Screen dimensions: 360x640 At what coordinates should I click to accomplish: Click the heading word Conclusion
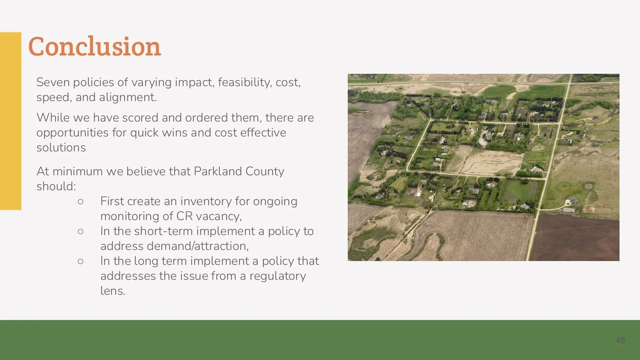94,46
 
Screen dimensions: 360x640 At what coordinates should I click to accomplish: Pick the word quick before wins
144,133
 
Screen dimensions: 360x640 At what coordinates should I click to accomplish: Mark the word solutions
61,148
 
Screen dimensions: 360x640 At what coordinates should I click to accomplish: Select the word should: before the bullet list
56,186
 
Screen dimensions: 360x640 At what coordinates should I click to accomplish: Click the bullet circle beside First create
81,201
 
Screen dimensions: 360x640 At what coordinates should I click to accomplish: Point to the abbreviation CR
184,216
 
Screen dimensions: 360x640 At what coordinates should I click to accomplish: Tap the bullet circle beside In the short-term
81,231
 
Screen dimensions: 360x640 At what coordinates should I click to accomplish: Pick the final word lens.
113,291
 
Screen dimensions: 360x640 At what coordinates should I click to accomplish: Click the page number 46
620,340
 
